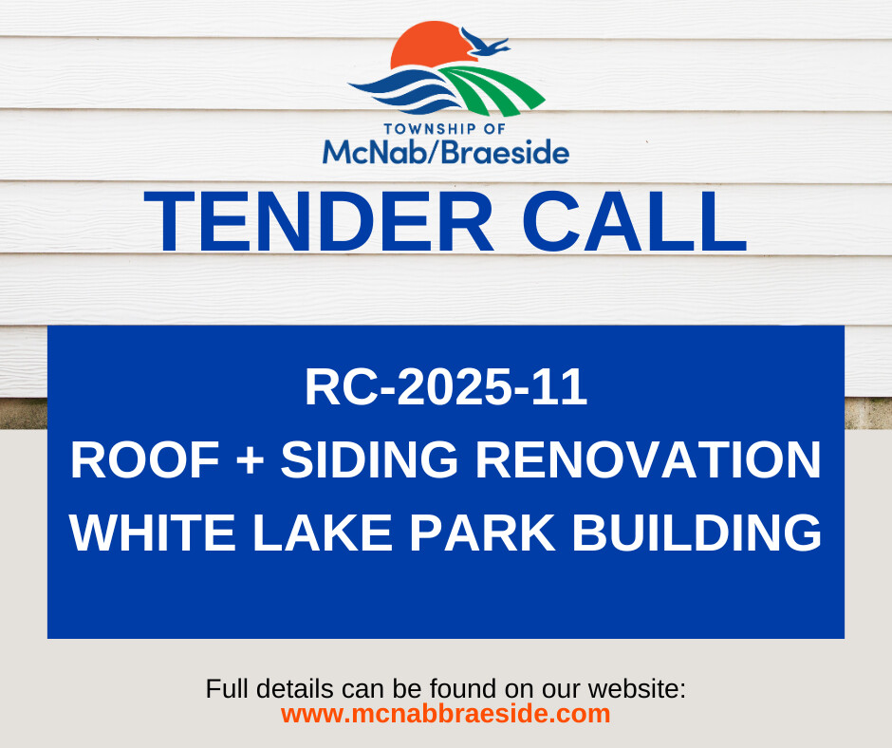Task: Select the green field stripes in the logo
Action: tap(492, 89)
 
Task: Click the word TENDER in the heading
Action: tap(319, 221)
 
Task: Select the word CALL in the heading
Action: tap(634, 221)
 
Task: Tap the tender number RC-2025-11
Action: tap(446, 387)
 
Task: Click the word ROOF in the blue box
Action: tap(145, 460)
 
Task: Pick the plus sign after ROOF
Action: tap(251, 461)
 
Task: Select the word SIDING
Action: tap(370, 460)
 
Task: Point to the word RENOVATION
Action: tap(648, 460)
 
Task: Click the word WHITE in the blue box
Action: tap(153, 533)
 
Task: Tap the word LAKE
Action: tap(323, 533)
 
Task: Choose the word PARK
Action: tap(482, 533)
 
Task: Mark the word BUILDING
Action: tap(697, 533)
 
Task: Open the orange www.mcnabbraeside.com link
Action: tap(445, 714)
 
